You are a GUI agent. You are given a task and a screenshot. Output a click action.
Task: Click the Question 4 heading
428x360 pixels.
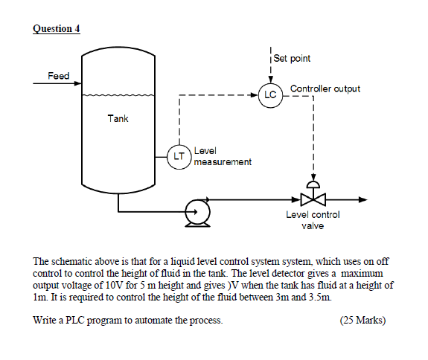point(57,29)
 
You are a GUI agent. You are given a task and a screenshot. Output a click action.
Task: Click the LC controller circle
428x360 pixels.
point(269,95)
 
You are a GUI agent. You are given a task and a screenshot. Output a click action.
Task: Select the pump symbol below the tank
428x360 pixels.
point(197,212)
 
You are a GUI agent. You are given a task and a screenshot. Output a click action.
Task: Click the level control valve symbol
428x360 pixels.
point(313,199)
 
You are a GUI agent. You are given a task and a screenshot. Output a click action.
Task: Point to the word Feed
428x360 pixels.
point(59,76)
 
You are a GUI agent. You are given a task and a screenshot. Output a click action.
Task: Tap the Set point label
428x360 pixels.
point(292,58)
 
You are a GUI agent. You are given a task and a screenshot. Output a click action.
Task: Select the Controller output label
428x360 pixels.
point(325,89)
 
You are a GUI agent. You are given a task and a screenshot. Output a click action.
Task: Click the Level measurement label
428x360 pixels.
point(222,156)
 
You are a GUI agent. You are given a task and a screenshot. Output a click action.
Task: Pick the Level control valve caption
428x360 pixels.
point(313,220)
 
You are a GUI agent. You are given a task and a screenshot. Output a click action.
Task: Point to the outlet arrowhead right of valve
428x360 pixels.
point(362,199)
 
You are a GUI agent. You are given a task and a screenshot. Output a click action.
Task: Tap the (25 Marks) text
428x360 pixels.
point(362,321)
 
